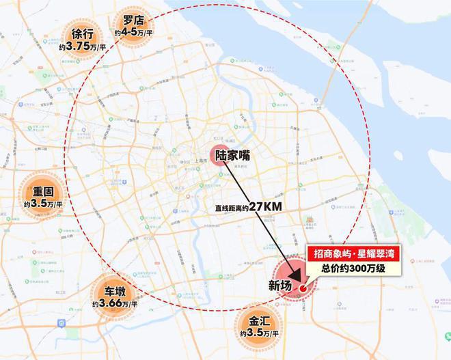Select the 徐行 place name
click(82, 33)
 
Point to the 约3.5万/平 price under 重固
click(43, 204)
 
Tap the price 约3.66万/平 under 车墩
click(115, 303)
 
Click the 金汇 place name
click(260, 320)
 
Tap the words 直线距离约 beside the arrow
click(228, 206)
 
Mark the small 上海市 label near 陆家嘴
click(202, 155)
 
